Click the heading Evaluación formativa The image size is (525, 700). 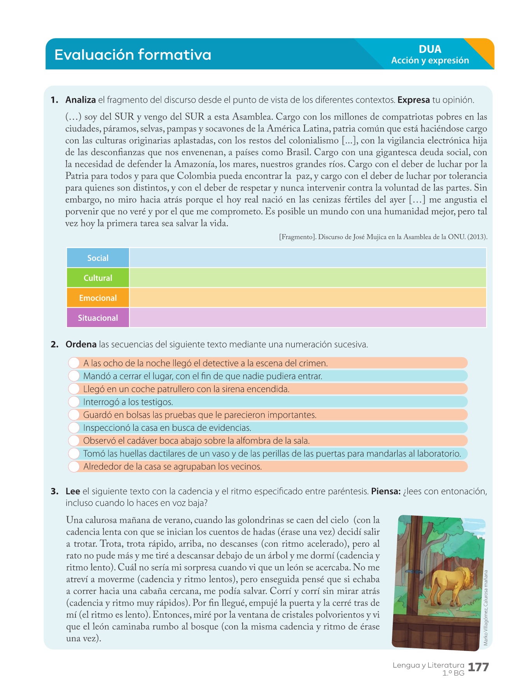(x=133, y=55)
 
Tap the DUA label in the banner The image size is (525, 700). (x=430, y=49)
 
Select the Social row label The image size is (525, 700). (x=98, y=258)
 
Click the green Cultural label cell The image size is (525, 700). (x=98, y=278)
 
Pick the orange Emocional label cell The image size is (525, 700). (x=98, y=298)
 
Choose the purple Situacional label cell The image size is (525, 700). (x=98, y=318)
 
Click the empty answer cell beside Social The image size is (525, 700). (x=307, y=258)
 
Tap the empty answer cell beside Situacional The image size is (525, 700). (x=307, y=318)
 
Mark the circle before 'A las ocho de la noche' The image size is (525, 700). (x=74, y=363)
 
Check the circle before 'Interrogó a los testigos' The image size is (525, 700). (x=74, y=402)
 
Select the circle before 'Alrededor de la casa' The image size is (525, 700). (x=74, y=466)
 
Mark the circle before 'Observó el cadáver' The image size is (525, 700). (x=74, y=441)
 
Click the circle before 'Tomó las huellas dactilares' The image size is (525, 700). (x=74, y=453)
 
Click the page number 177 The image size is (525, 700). (x=478, y=667)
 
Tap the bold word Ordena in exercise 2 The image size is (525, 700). (x=81, y=345)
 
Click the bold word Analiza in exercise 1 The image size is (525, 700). (x=80, y=100)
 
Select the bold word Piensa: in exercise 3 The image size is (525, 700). (x=386, y=491)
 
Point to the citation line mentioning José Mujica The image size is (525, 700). (x=383, y=237)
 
